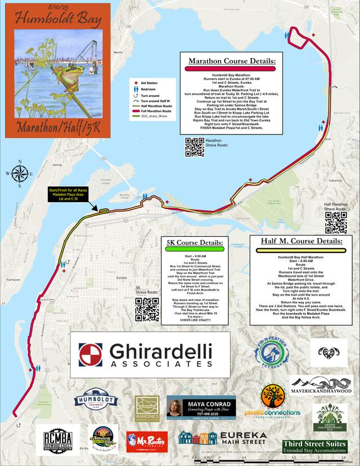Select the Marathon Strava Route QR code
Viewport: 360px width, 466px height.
(194, 146)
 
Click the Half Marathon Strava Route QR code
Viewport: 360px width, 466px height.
(335, 222)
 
